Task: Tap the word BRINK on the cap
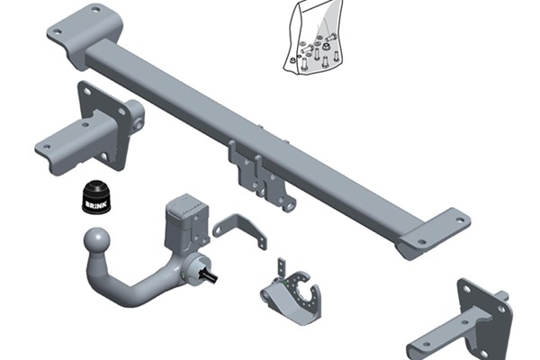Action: pos(96,204)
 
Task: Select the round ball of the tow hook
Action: pos(97,241)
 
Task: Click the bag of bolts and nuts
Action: pos(314,37)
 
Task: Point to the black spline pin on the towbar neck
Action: pos(210,274)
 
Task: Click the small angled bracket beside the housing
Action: pos(239,230)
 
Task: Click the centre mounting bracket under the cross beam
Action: pos(262,175)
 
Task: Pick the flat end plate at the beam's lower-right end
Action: pos(433,234)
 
